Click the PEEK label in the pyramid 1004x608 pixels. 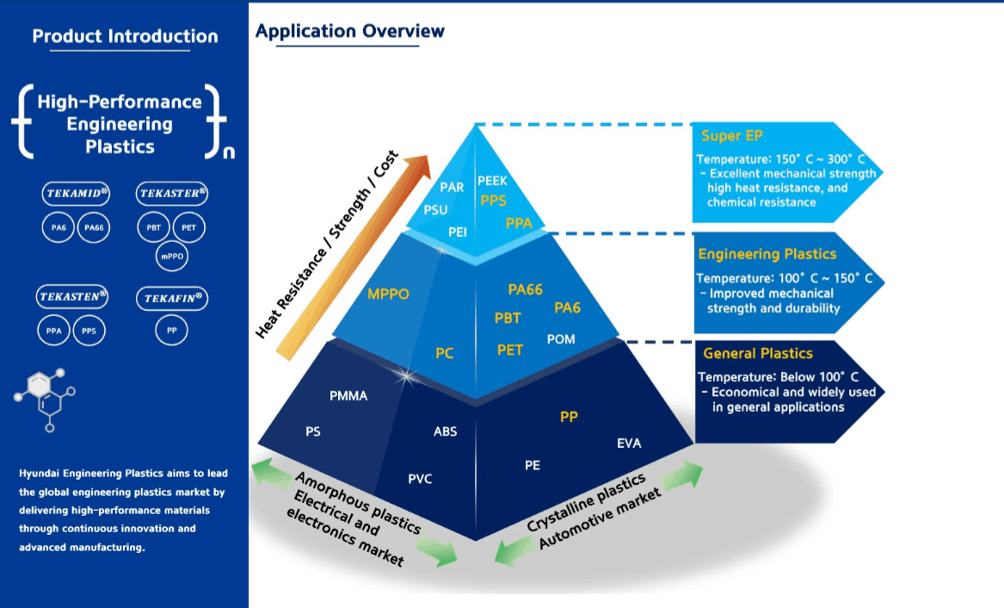pos(492,181)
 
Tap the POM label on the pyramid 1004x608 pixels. pos(561,339)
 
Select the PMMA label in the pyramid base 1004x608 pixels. pos(348,396)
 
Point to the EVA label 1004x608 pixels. pos(629,444)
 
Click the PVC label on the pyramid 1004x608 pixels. pos(420,479)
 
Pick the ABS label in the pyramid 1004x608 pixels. pos(445,431)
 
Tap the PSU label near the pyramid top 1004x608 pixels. pos(435,209)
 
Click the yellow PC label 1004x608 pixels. pos(445,353)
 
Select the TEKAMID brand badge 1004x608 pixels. pos(77,194)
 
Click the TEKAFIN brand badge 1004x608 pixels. pos(172,298)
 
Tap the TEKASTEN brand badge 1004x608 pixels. pos(71,296)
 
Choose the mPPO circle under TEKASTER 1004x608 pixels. pos(171,257)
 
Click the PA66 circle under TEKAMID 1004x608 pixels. pos(94,227)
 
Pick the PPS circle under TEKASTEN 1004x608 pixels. pos(89,331)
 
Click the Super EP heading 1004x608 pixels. pos(732,136)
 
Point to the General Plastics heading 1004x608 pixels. pos(757,354)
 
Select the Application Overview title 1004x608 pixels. pos(349,31)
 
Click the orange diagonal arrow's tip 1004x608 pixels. pos(429,156)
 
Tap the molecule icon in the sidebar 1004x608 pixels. pos(45,400)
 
